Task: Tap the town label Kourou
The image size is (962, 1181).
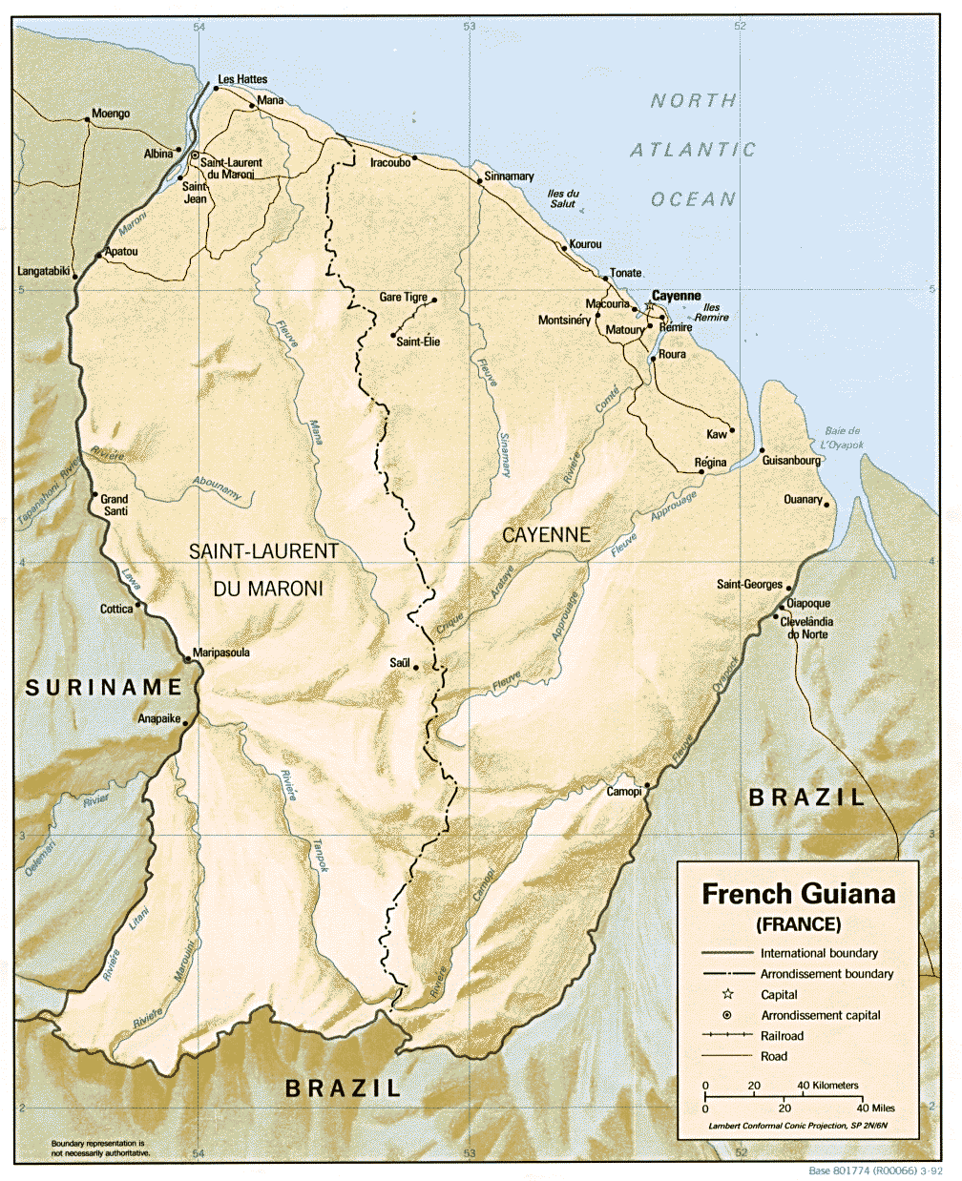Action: pos(586,244)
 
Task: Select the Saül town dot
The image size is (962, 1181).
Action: pos(416,668)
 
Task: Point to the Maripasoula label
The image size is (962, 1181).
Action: pos(221,653)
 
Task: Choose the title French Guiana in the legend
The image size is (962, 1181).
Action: pos(799,894)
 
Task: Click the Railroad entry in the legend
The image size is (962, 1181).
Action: pos(782,1036)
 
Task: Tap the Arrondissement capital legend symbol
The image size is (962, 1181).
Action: pos(727,1015)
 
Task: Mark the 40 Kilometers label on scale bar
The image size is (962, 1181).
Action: pos(827,1086)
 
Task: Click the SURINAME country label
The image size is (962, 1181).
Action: pos(103,687)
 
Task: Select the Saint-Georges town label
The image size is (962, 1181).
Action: pos(749,584)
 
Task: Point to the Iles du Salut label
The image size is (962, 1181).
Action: pos(563,198)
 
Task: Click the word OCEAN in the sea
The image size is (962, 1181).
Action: pos(694,199)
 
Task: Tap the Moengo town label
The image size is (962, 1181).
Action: pos(111,114)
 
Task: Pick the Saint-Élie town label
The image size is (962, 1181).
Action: pos(418,342)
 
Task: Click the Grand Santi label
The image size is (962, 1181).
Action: pos(115,505)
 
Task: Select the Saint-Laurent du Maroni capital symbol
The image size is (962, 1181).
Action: pos(195,155)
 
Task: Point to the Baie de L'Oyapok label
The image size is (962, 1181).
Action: pos(842,438)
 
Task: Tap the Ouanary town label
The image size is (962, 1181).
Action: pos(803,499)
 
